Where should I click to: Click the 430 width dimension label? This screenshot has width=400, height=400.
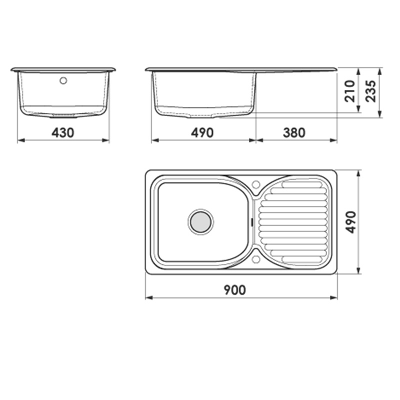[x=63, y=132]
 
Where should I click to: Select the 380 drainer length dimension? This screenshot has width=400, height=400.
[x=294, y=132]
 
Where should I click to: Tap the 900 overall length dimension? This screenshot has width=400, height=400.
[x=234, y=290]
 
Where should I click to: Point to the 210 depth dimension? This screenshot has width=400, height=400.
[x=349, y=91]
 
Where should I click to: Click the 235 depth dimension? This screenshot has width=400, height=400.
[x=370, y=91]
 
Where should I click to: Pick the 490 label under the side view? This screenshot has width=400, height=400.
[x=202, y=132]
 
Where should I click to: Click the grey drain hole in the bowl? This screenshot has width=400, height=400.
[x=201, y=222]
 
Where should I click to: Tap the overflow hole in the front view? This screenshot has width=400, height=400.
[x=63, y=80]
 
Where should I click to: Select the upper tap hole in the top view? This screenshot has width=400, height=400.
[x=256, y=184]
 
